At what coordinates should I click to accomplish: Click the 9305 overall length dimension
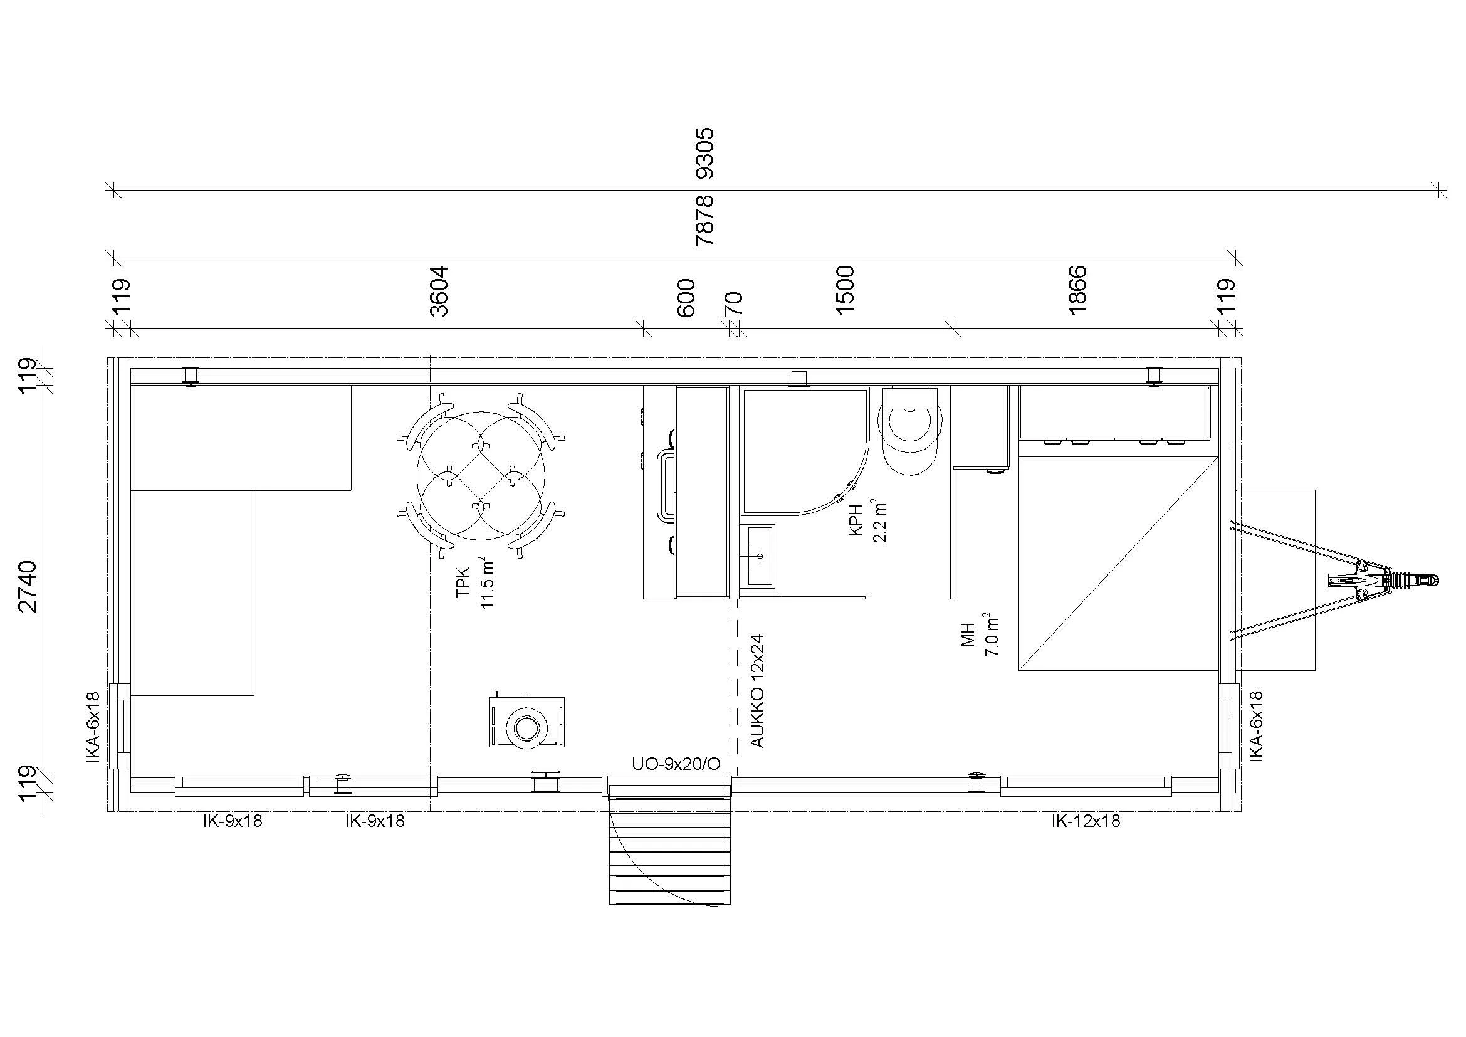(x=706, y=153)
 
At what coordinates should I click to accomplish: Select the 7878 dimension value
(x=706, y=221)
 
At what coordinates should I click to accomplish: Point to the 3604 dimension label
(x=439, y=292)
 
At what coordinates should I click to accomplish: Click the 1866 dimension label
(x=1077, y=290)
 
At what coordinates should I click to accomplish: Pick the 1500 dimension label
(x=845, y=290)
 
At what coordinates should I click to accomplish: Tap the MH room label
(x=968, y=634)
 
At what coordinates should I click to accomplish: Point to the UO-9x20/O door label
(x=676, y=764)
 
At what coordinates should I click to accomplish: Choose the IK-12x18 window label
(x=1086, y=821)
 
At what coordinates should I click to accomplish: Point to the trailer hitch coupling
(x=1413, y=580)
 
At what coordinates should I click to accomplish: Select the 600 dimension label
(x=685, y=298)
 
